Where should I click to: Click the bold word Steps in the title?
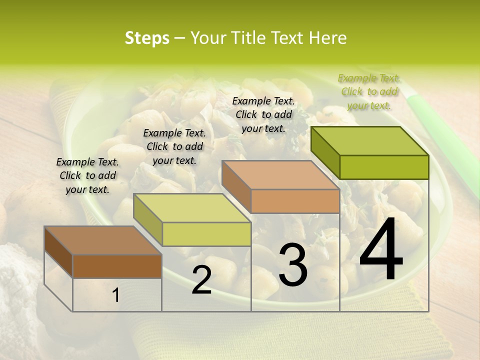pos(147,38)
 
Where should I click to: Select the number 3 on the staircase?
pos(293,265)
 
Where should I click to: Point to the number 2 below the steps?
pos(201,280)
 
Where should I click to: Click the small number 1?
pos(116,295)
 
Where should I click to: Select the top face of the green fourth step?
pos(370,141)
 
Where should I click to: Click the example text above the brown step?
pos(87,175)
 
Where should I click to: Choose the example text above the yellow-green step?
pos(174,146)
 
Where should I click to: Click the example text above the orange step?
pos(263,114)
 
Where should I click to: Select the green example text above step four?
pos(369,91)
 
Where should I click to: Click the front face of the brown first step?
pos(117,266)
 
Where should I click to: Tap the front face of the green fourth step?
pos(384,167)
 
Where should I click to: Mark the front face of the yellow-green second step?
pos(206,234)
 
